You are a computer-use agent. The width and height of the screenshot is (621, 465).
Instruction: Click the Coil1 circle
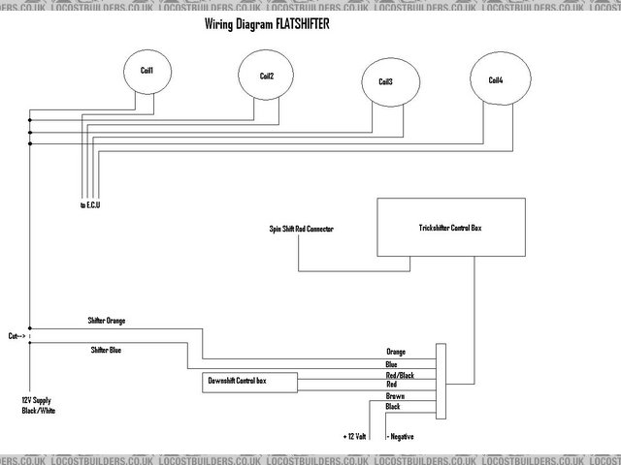[147, 71]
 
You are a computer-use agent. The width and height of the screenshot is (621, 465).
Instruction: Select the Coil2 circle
[266, 76]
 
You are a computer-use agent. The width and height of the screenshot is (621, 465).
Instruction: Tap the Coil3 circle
[385, 81]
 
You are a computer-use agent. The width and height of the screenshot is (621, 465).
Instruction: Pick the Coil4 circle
[495, 78]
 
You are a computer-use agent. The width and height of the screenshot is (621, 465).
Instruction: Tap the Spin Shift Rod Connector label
[301, 230]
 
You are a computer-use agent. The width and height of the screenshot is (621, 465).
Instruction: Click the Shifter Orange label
[107, 320]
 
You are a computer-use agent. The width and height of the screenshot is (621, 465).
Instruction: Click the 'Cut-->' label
[16, 335]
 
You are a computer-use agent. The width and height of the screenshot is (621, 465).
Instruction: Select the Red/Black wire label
[399, 374]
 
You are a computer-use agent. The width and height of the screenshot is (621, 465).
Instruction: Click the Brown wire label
[394, 396]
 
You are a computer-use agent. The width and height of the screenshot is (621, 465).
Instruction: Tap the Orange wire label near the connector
[395, 352]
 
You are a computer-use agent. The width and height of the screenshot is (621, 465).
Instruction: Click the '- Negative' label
[402, 436]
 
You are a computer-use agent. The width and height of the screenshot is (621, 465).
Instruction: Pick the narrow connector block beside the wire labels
[441, 379]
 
